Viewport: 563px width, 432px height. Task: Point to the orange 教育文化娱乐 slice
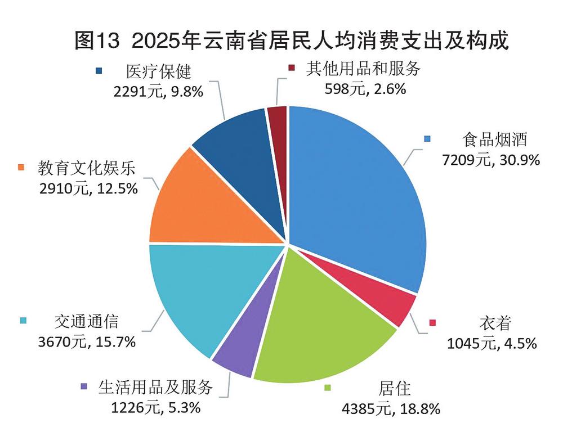[203, 202]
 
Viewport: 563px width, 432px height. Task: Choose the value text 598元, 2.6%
[365, 88]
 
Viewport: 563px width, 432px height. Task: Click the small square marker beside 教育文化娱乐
[22, 167]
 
